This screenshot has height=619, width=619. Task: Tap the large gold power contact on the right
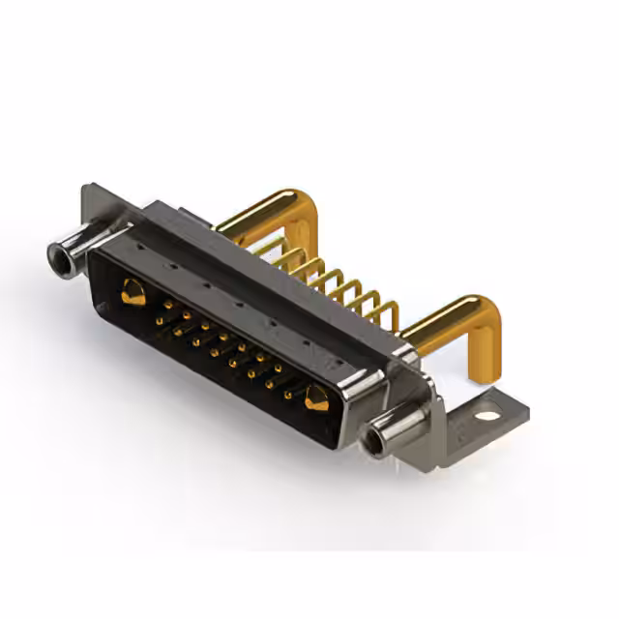click(x=315, y=397)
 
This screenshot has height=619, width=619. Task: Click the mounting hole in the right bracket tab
click(x=487, y=416)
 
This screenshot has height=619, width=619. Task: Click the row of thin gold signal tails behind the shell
click(x=334, y=280)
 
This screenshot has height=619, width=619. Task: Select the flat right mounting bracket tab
click(x=484, y=411)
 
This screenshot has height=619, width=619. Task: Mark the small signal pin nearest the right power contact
click(x=288, y=395)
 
